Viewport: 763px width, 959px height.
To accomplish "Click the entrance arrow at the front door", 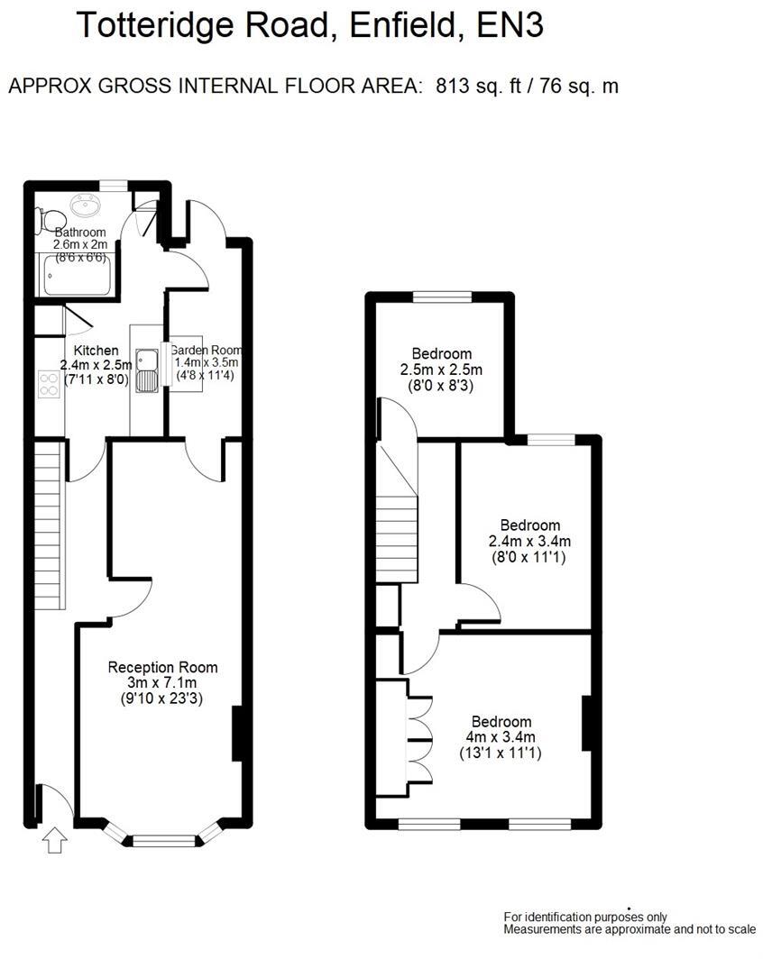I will point(55,841).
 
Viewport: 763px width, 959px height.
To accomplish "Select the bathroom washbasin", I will point(88,205).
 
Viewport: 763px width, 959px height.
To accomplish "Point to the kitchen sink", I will point(147,371).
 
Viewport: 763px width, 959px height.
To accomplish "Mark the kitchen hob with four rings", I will point(49,385).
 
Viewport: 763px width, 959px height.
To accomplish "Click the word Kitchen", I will point(96,351).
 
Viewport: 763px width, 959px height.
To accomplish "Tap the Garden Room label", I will point(206,351).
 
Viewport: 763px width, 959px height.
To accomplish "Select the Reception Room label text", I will point(162,668).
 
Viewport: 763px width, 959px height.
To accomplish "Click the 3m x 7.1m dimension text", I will point(162,682).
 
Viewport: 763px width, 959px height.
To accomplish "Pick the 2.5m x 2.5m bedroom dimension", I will point(441,370).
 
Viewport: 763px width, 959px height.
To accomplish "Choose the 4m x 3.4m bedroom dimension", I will point(501,737).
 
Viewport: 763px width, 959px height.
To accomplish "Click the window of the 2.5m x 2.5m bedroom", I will point(442,296).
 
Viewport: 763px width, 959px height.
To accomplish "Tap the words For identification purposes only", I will point(585,918).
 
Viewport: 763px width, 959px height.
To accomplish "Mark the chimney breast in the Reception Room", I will point(238,733).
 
